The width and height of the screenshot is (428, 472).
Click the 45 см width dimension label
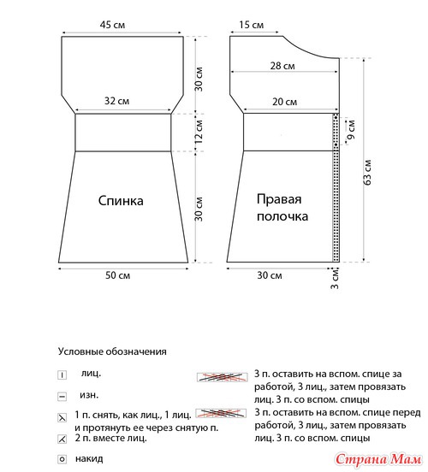point(112,25)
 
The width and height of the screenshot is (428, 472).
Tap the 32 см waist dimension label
point(116,101)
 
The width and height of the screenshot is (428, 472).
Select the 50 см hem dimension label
point(117,275)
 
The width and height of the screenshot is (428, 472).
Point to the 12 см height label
point(199,132)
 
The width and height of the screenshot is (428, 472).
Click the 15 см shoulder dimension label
point(251,25)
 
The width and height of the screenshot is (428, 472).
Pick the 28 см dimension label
point(282,66)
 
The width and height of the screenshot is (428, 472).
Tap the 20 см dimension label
point(284,102)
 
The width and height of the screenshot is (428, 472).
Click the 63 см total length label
point(367,172)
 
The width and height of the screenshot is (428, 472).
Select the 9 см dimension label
point(351,130)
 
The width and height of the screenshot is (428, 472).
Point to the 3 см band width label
point(335,279)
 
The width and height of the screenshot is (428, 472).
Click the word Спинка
point(121,201)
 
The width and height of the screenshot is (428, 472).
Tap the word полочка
point(282,216)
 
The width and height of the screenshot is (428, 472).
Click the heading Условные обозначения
point(112,351)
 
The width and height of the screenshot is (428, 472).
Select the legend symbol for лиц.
point(62,375)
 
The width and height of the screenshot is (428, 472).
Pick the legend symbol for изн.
point(62,397)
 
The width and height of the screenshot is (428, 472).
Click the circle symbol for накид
point(62,459)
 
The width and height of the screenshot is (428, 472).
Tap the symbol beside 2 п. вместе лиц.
point(62,440)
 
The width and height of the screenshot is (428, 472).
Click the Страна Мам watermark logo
point(378,460)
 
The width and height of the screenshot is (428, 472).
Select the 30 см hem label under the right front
point(270,275)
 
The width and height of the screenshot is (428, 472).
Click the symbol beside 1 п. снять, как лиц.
point(62,418)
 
